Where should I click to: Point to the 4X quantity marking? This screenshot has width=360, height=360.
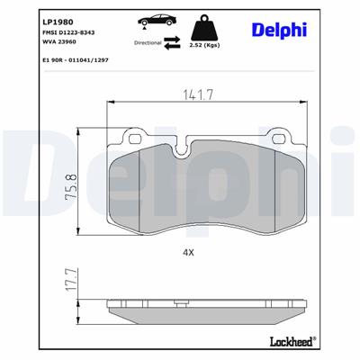tap(188, 253)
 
